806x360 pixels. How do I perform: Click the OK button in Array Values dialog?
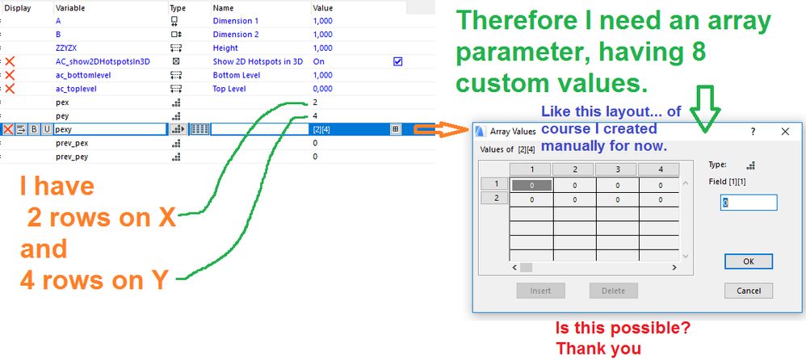point(749,262)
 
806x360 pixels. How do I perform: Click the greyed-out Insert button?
point(541,291)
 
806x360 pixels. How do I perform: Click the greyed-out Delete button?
point(613,291)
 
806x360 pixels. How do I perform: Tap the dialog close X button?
point(785,132)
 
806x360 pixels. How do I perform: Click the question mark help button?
point(752,132)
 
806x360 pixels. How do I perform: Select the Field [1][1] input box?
point(749,203)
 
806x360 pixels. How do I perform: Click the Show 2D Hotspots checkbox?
point(397,61)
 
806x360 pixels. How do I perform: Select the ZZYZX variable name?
point(67,48)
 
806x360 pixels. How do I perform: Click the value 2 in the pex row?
point(315,103)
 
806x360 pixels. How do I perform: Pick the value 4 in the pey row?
point(315,115)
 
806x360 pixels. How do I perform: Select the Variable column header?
point(70,8)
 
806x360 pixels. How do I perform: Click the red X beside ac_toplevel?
point(9,89)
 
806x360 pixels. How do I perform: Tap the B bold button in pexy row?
point(33,129)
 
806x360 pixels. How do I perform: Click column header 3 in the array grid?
point(617,170)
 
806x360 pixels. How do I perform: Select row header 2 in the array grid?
point(494,199)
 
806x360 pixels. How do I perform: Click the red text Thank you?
point(598,349)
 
